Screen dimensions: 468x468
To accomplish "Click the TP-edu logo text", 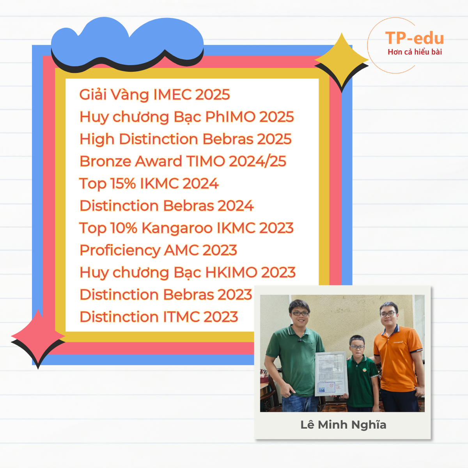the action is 414,38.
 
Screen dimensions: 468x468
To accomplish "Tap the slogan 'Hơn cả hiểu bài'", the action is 415,52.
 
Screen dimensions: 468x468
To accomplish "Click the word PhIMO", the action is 230,117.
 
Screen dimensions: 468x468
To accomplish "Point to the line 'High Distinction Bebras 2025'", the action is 186,139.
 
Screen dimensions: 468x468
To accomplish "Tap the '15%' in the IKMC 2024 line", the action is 123,183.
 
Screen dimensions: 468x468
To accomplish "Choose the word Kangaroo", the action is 177,228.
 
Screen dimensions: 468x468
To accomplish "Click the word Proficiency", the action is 120,250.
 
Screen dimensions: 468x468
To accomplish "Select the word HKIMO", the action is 231,273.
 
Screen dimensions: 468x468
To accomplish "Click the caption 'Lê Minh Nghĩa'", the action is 343,425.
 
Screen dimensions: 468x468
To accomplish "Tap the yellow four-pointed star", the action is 342,60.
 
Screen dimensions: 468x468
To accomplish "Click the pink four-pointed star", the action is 38,337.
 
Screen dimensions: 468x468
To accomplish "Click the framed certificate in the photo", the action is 331,374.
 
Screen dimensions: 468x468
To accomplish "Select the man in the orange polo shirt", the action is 398,357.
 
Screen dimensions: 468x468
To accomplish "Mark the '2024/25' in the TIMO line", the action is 257,161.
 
